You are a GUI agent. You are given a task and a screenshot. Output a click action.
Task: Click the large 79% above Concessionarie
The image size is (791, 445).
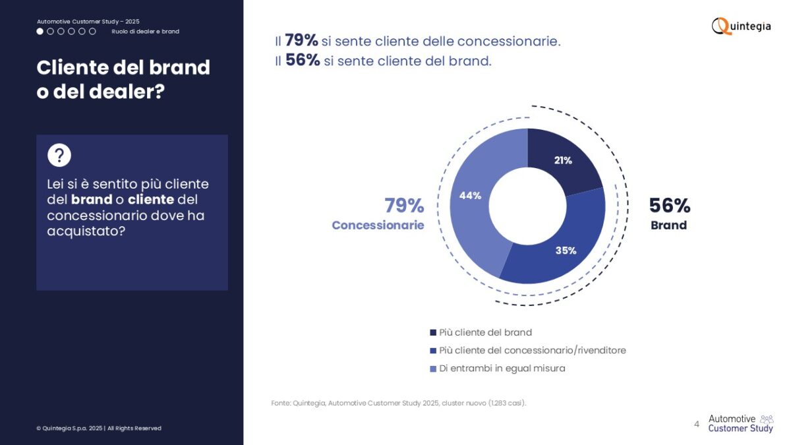point(404,206)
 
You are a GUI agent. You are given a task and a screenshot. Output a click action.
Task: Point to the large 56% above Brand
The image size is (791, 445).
point(670,206)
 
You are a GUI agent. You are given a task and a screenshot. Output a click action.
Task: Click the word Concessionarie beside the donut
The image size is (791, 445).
point(378,225)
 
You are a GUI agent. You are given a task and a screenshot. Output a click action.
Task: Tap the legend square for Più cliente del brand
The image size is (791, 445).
point(433,332)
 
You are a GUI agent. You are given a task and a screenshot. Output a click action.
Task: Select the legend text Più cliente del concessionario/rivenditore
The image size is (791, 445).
point(533,350)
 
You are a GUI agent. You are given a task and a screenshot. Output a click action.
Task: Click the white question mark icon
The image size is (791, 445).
point(59,155)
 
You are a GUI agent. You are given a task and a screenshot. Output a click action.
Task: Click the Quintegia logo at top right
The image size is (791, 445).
point(741,26)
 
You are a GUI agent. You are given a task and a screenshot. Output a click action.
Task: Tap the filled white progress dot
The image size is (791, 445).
point(40,32)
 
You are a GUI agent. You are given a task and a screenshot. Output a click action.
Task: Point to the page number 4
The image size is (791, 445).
point(696,424)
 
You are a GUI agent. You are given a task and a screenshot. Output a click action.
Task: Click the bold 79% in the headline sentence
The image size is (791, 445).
point(301,40)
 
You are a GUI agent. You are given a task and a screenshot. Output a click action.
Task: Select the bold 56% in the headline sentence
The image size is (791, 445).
point(303,60)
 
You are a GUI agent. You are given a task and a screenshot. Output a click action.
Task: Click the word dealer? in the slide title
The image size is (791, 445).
point(127,92)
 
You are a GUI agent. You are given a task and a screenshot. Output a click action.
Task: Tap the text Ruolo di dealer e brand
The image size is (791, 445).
point(146,32)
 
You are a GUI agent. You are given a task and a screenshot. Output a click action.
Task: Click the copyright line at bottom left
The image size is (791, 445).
point(99,428)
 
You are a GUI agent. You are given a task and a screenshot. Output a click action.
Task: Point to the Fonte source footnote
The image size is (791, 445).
point(399,403)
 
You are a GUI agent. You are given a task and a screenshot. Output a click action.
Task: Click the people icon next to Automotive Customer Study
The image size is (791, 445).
point(767,419)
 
